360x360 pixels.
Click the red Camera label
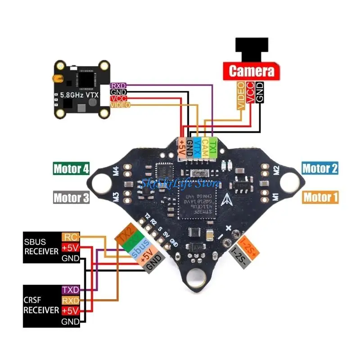(252, 71)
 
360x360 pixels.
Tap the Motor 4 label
(71, 169)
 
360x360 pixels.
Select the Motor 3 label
(71, 197)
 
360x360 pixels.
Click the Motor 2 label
(319, 169)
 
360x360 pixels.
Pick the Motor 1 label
(320, 197)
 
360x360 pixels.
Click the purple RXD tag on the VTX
(118, 85)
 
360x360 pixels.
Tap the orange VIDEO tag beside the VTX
(120, 105)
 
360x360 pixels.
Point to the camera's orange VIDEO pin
(241, 95)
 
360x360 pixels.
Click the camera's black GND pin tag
(259, 93)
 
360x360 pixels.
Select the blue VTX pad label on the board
(197, 147)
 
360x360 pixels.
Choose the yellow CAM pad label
(205, 147)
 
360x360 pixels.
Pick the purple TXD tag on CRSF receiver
(70, 289)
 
